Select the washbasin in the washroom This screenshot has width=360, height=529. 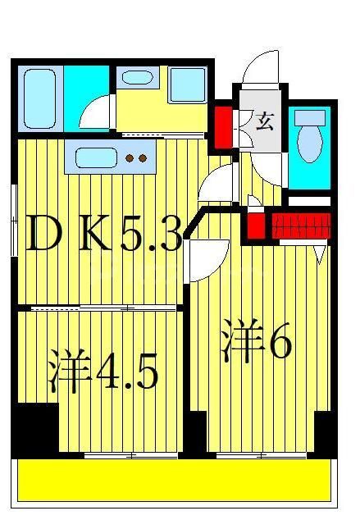[136, 79]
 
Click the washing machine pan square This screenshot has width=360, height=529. [187, 84]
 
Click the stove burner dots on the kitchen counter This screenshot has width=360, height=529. [135, 157]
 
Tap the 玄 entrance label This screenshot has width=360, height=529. [264, 121]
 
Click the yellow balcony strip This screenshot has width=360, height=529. [176, 480]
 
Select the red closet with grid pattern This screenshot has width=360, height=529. [298, 224]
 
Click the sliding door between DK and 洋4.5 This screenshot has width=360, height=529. [98, 308]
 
